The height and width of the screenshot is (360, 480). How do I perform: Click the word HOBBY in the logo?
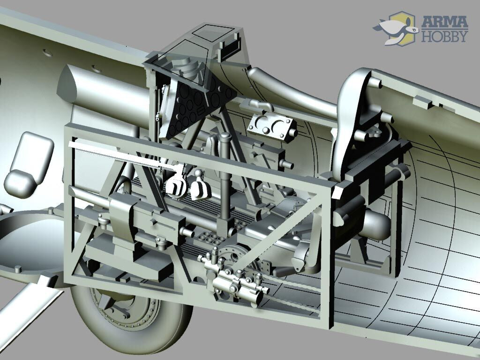click(444, 36)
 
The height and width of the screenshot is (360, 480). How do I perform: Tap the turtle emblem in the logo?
click(395, 29)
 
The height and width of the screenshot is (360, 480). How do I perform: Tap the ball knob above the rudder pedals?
click(199, 173)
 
